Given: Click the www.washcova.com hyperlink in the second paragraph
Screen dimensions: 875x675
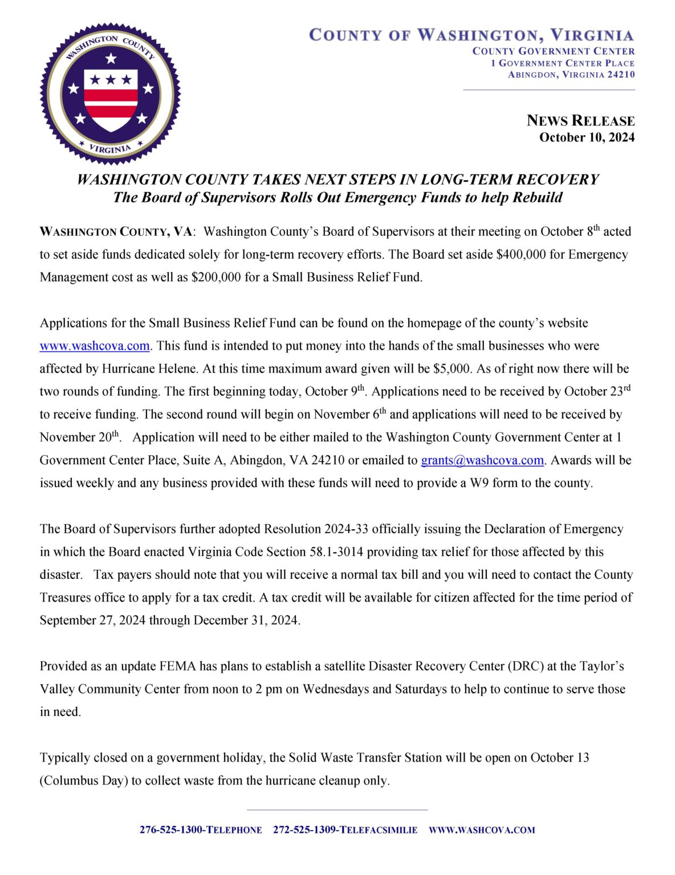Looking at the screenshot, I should [x=95, y=346].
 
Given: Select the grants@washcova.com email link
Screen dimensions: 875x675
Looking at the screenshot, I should [x=482, y=460].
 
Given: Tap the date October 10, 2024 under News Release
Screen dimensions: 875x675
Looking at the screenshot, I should [x=587, y=137].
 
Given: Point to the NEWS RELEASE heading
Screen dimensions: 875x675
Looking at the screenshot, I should [x=580, y=121].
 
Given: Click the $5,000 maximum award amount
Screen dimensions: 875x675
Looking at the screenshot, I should [x=452, y=369].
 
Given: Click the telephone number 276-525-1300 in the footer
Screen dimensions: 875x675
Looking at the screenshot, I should [x=171, y=830].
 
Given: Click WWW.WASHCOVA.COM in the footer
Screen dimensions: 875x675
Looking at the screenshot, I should [x=482, y=830].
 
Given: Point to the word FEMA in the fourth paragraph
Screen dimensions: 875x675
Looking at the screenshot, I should [x=178, y=667].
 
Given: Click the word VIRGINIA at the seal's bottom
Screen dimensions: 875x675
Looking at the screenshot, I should [x=110, y=149].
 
